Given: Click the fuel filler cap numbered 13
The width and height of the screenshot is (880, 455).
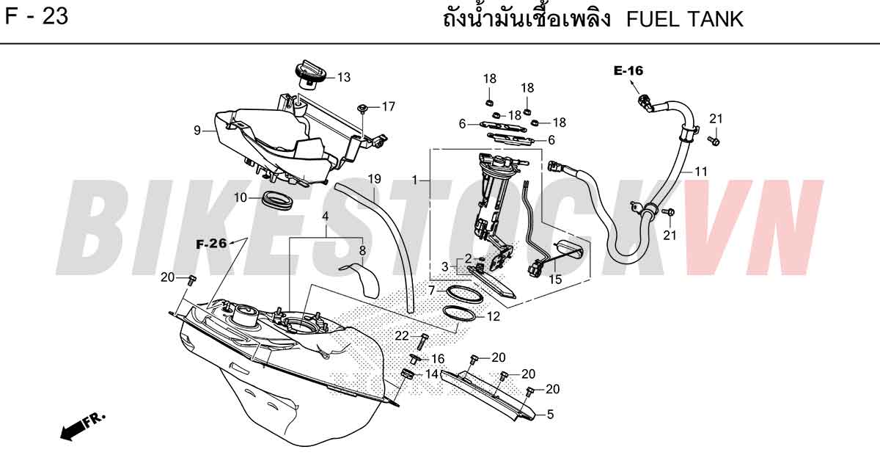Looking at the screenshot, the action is pos(310,76).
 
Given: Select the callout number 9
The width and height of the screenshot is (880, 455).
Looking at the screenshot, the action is pos(197,131).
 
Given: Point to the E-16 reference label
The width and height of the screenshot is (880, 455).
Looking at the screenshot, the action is pos(628,70).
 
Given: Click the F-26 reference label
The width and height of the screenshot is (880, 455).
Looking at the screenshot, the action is pos(211,244).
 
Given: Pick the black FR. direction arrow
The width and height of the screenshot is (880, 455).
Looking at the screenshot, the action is pos(82,426).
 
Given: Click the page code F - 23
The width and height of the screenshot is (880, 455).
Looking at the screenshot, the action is pos(36,17).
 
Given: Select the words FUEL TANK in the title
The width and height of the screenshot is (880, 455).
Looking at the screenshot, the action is pos(685,19).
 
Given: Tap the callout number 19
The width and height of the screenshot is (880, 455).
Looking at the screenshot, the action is pos(375,179).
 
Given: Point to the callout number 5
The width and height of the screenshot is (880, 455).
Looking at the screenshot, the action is pos(550,414).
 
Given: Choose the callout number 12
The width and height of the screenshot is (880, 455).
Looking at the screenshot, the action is pos(494,316).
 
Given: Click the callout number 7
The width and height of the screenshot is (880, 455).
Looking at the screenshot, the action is pos(432,291).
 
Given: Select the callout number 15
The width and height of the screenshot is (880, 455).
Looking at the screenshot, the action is pos(555,280).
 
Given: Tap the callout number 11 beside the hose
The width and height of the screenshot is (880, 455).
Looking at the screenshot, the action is pos(701,172).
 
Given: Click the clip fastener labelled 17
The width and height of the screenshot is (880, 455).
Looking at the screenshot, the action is pos(362,109).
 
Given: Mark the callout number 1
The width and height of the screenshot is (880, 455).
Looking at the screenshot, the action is pos(414,180).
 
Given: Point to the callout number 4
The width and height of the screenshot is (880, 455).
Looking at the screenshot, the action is pos(326,216).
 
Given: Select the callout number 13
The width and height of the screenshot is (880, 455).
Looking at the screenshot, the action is pos(344,78).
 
